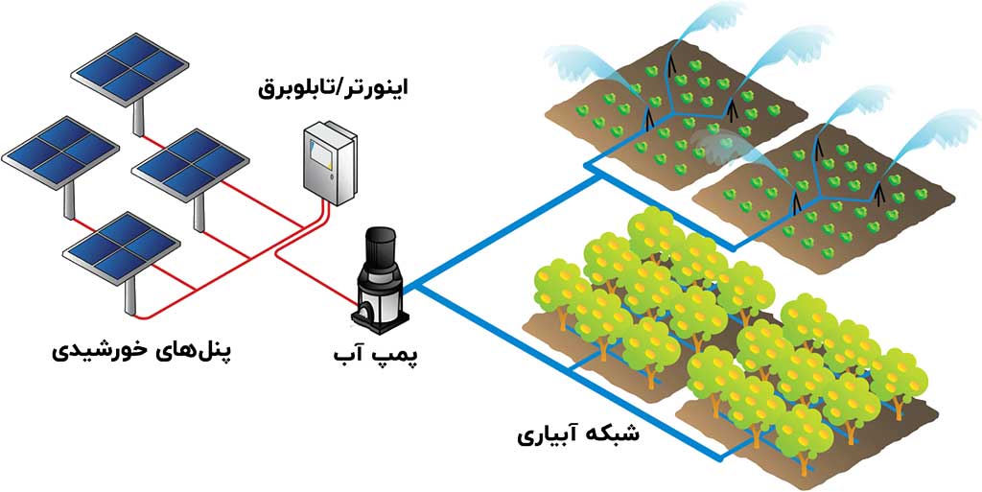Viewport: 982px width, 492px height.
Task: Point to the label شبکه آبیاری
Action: pos(577,434)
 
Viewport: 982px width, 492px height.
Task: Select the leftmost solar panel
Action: pos(59,149)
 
